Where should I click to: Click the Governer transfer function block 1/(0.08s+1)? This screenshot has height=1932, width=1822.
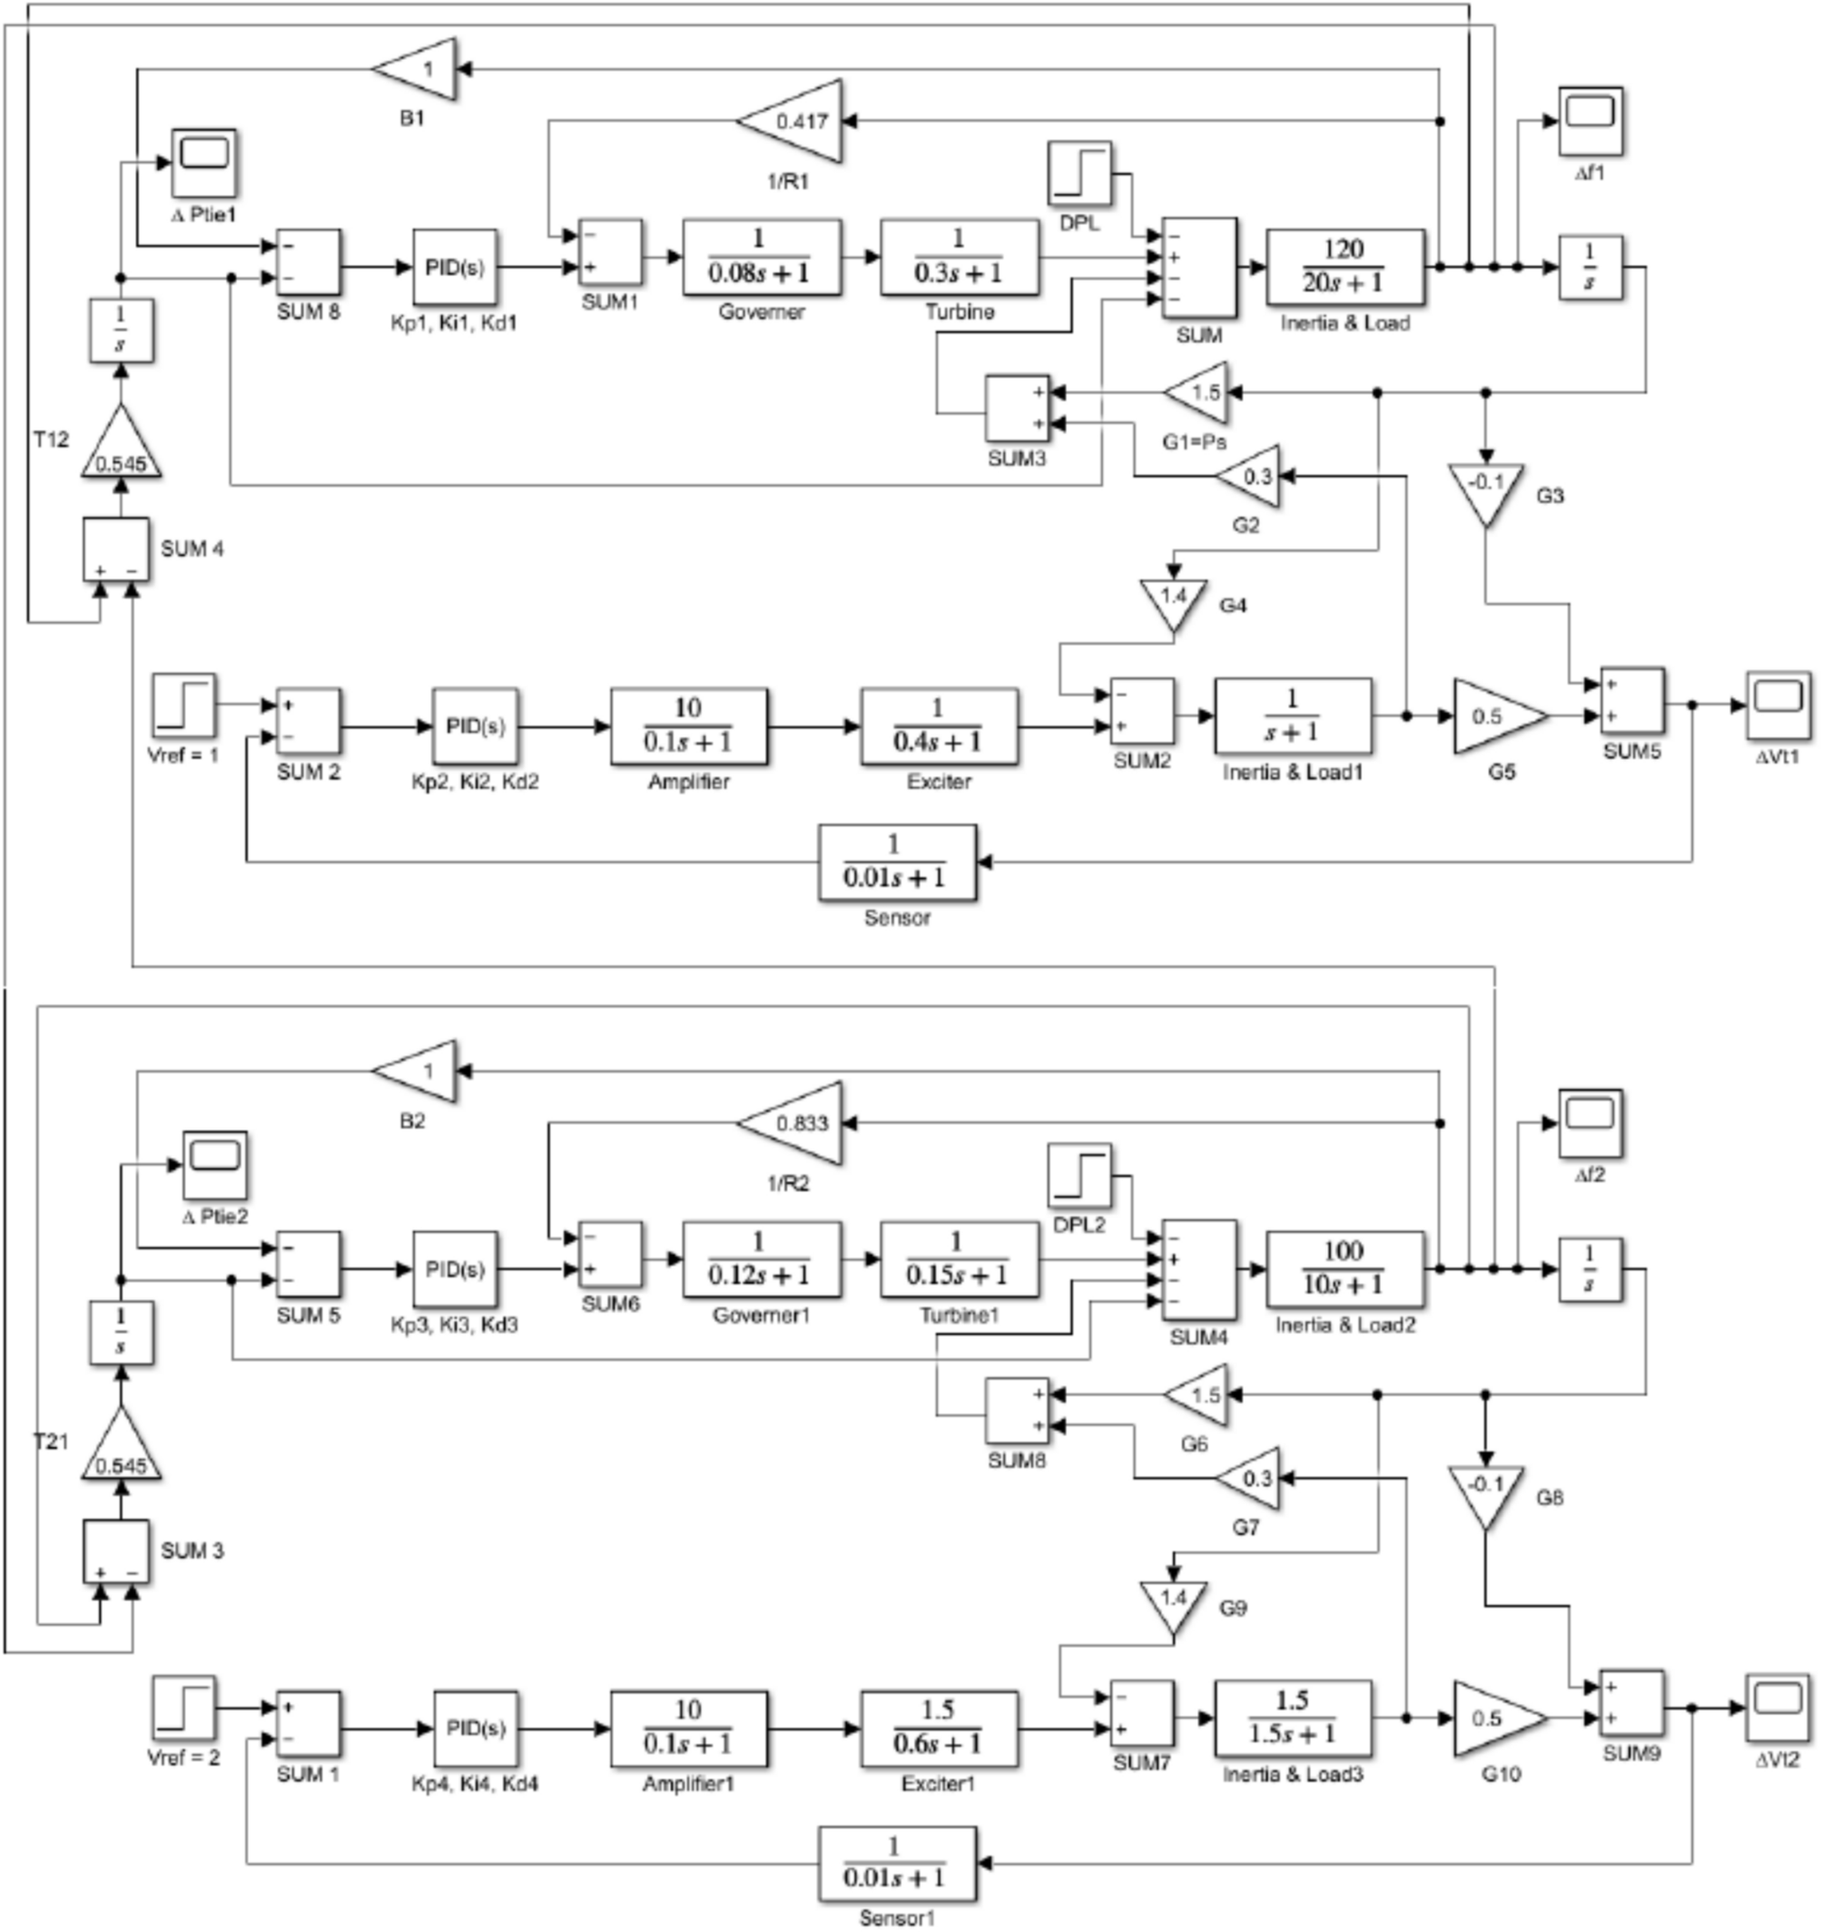pos(761,258)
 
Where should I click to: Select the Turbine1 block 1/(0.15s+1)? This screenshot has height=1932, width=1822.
pos(958,1259)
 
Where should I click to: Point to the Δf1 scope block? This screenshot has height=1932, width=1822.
pos(1590,122)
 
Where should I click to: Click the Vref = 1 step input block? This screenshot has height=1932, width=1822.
pos(183,705)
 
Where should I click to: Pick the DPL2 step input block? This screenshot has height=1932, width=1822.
pos(1079,1175)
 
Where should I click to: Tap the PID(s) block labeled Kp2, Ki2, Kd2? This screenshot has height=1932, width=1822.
pos(475,726)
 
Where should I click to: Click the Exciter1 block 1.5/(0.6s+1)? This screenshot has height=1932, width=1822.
pos(939,1729)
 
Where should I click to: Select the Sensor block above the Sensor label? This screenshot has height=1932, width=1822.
pos(897,862)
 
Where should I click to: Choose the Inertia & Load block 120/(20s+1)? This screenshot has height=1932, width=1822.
pos(1344,266)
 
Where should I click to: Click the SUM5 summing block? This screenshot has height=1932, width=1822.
pos(1631,702)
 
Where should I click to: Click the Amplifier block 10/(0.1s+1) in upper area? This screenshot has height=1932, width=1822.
pos(688,726)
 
